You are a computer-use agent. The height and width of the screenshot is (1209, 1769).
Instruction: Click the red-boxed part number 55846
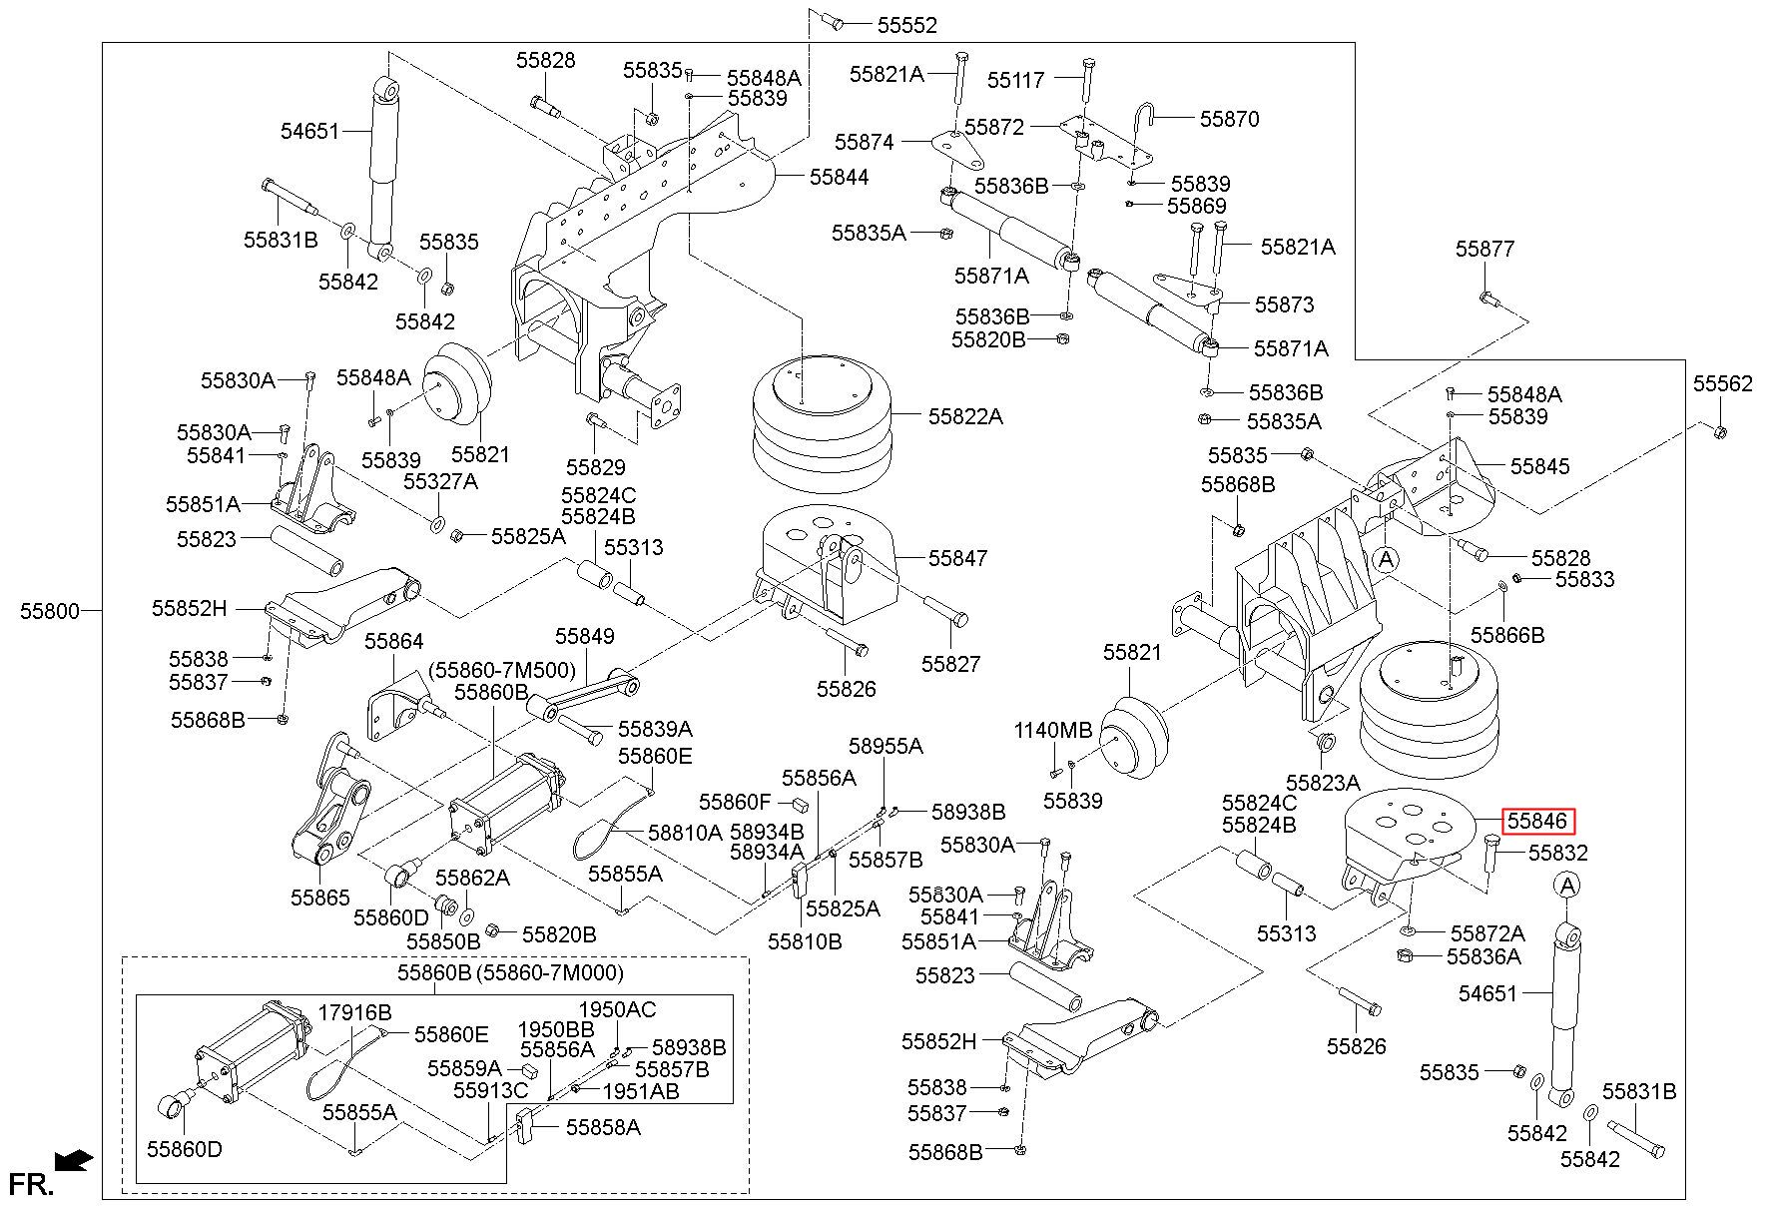coord(1537,821)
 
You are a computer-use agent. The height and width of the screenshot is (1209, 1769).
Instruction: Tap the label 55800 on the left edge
coord(49,611)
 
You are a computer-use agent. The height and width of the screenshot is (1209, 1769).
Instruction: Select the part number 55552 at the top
coord(907,26)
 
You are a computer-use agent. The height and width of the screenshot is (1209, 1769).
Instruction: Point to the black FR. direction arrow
coord(74,1160)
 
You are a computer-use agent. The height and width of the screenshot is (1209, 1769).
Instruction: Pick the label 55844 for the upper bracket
coord(839,177)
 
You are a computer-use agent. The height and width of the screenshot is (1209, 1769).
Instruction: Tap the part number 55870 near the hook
coord(1230,119)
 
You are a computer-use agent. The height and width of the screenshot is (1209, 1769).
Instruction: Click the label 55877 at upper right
coord(1484,249)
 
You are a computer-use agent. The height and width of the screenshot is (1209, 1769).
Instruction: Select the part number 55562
coord(1722,383)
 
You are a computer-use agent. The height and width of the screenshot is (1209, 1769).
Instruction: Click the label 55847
coord(958,558)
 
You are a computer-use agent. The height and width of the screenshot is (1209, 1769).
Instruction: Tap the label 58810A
coord(685,832)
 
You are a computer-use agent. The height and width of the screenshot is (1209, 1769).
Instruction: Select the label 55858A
coord(603,1127)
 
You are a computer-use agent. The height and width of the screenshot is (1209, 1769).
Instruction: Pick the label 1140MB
coord(1053,730)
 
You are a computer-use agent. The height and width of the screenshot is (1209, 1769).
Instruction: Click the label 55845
coord(1539,466)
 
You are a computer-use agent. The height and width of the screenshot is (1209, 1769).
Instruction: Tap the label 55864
coord(394,641)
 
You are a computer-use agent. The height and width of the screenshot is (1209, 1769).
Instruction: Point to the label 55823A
coord(1323,782)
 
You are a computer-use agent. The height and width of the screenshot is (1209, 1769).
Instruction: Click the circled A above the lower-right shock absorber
coord(1567,885)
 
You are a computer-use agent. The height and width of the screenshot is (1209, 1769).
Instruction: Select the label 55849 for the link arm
coord(585,636)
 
